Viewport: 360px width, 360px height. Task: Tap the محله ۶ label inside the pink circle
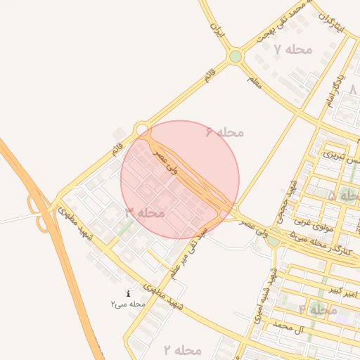[x=224, y=131]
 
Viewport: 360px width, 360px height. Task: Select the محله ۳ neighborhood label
[x=145, y=212]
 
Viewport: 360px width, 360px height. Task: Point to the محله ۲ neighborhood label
[x=183, y=349]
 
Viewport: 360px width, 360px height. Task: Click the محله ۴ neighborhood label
[x=318, y=309]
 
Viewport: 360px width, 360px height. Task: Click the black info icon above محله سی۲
[x=127, y=293]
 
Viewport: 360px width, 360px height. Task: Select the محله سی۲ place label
[x=127, y=304]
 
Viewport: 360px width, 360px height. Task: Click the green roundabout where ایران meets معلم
[x=236, y=56]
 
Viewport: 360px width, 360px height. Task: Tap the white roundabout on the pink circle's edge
[x=142, y=129]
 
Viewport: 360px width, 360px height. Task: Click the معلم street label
[x=255, y=82]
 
